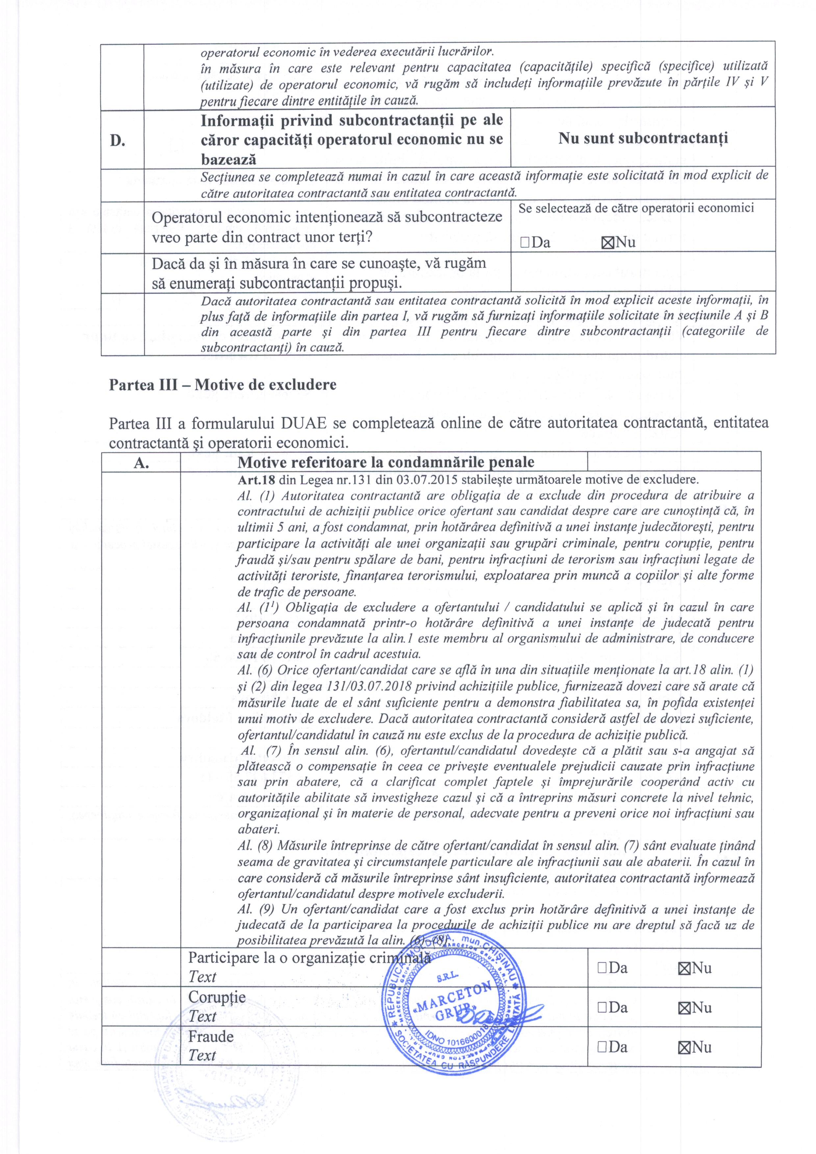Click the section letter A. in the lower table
click(141, 463)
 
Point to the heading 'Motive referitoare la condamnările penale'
click(386, 463)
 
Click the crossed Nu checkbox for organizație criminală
click(683, 968)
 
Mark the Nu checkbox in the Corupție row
click(683, 1008)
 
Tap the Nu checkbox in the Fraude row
click(683, 1048)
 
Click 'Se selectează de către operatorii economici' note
click(636, 208)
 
